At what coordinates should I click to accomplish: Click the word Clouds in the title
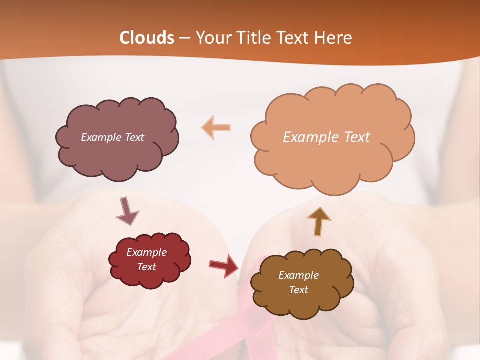(147, 38)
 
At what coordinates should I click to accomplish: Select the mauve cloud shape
(117, 155)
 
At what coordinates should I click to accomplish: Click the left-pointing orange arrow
(216, 128)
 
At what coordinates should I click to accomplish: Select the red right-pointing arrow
(223, 266)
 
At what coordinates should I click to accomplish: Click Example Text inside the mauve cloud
(112, 137)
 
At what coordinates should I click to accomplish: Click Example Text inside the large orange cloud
(326, 137)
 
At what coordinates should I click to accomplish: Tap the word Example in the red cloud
(146, 252)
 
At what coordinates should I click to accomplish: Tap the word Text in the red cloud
(146, 267)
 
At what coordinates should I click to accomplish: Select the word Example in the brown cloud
(298, 275)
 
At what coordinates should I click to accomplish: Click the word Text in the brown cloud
(298, 290)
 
